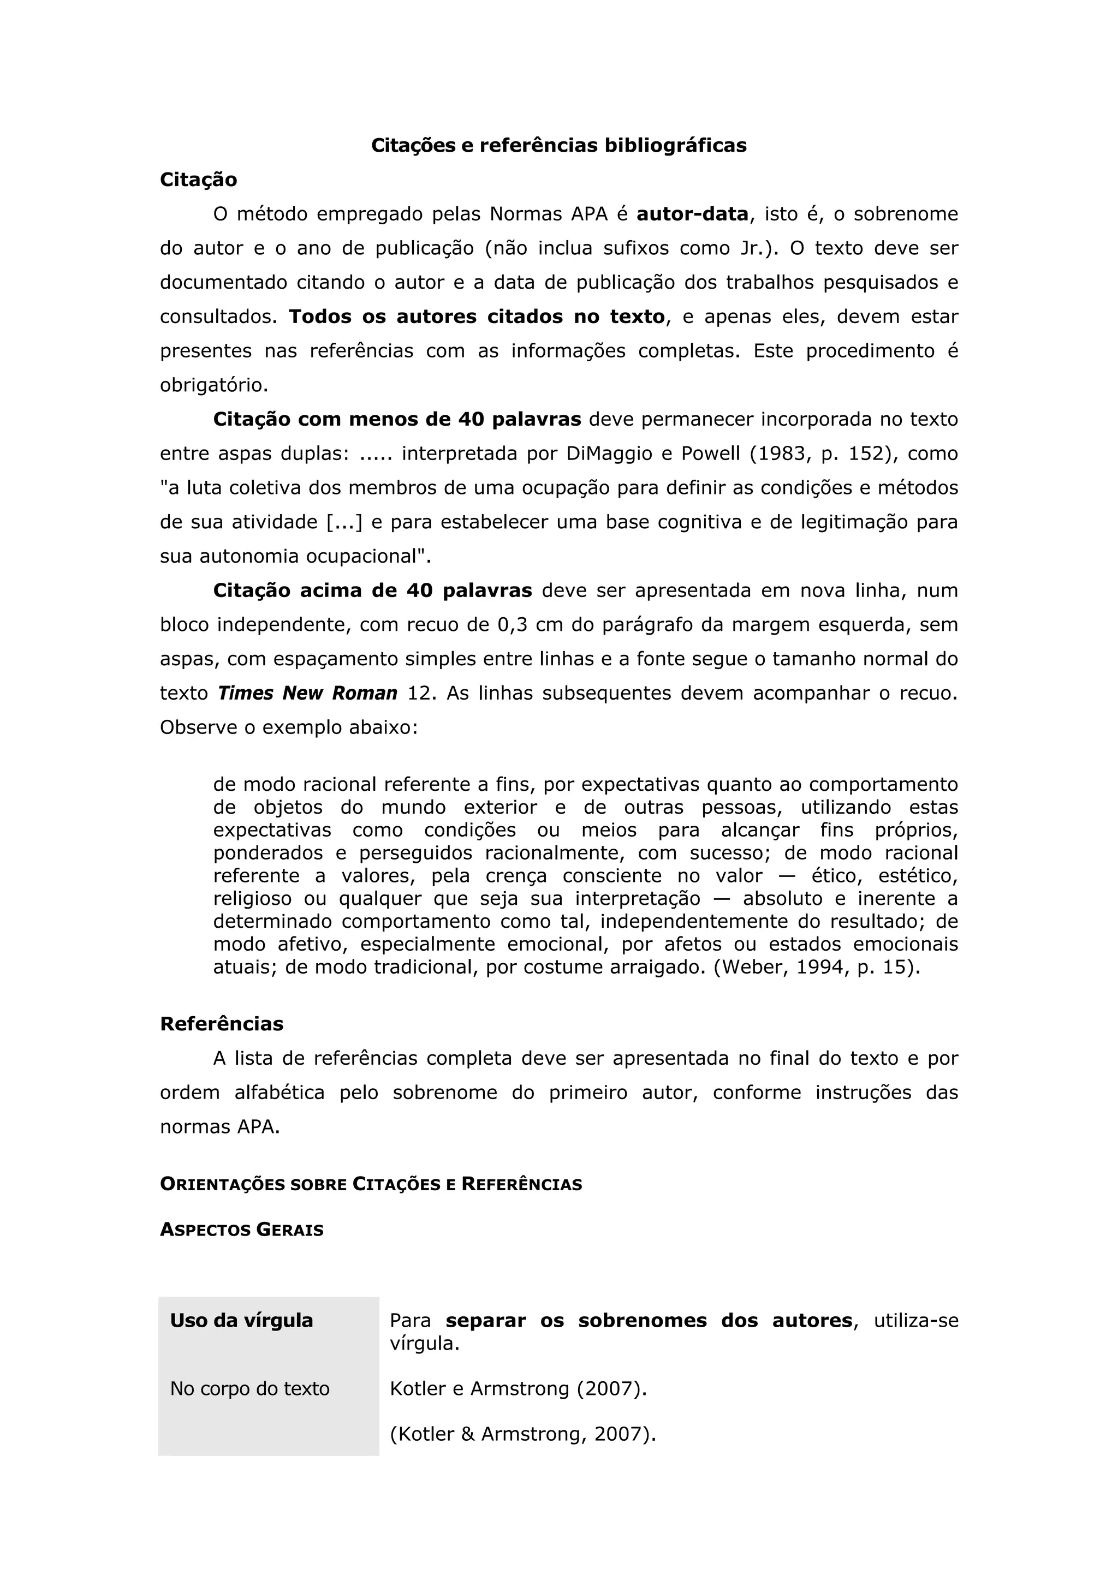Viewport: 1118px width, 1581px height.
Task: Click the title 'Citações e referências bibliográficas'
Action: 558,145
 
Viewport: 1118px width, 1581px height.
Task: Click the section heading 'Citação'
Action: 198,180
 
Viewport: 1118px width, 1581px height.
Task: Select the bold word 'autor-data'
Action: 692,214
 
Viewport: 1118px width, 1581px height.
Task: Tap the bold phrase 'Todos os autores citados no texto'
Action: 477,317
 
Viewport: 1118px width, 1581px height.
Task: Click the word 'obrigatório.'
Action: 213,385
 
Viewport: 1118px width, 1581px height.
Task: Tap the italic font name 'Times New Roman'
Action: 308,694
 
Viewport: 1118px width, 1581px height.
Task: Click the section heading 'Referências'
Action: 222,1024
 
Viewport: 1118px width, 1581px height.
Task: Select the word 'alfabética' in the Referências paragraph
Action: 279,1093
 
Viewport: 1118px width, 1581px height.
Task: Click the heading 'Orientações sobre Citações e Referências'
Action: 371,1184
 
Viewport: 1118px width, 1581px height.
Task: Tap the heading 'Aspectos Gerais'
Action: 242,1230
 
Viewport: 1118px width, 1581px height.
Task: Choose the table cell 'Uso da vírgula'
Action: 242,1321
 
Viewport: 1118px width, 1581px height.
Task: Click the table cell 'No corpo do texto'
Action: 250,1389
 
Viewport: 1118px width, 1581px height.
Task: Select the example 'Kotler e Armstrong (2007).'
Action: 518,1389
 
